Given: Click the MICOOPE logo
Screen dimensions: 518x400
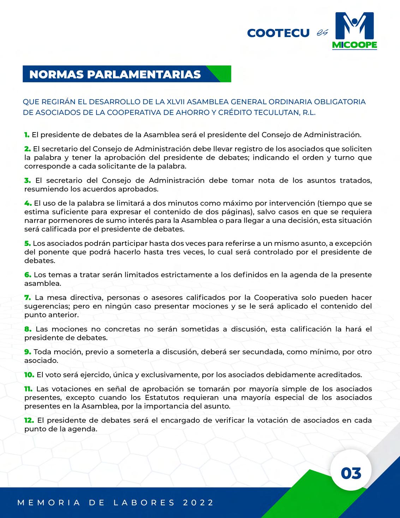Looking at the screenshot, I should click(354, 31).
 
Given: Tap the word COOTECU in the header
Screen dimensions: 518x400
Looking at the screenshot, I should click(278, 33).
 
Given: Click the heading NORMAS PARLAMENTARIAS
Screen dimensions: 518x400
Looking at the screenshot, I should click(115, 74).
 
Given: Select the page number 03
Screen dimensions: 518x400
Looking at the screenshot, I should click(351, 473).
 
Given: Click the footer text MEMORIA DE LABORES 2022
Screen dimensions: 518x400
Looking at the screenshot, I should click(116, 502).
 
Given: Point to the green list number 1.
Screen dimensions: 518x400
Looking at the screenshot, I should click(27, 135).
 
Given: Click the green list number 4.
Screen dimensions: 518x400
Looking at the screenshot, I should click(28, 203).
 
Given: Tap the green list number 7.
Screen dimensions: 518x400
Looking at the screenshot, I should click(28, 298).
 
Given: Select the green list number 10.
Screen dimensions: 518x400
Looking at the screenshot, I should click(29, 375).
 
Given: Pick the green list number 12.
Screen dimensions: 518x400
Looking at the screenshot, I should click(29, 420).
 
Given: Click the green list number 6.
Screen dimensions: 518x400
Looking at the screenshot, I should click(28, 275).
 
